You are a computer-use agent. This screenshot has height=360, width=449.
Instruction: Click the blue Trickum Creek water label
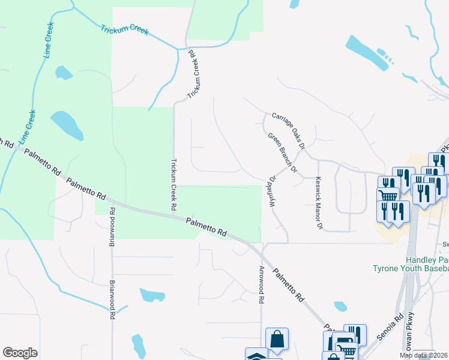click(124, 30)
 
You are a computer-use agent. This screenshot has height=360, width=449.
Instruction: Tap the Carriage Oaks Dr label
click(289, 130)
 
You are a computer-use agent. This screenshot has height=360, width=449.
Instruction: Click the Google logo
click(20, 353)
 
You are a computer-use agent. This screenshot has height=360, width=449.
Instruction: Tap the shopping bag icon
click(277, 338)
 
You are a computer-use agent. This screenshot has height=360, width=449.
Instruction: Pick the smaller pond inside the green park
click(63, 73)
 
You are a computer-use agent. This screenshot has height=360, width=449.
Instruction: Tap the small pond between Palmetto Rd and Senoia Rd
click(340, 306)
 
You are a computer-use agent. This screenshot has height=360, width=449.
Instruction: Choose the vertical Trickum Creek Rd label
click(174, 184)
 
